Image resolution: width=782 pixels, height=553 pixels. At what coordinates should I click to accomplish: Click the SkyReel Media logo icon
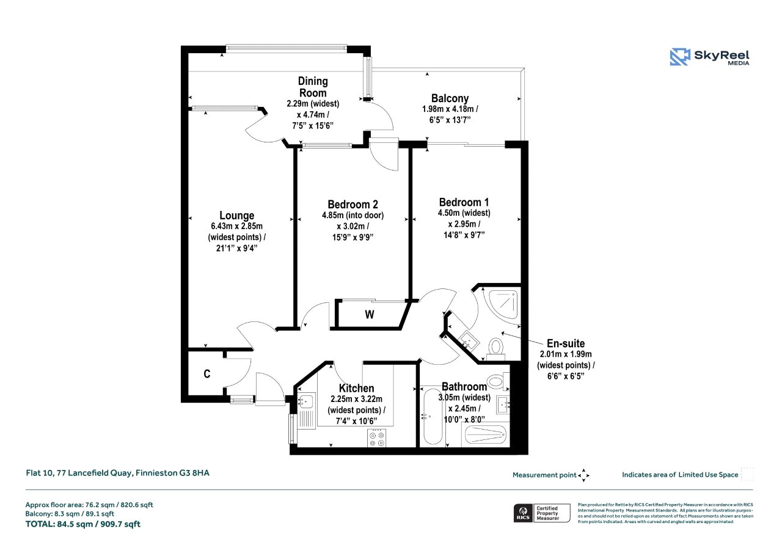680,57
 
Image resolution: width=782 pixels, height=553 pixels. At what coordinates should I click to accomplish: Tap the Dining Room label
313,87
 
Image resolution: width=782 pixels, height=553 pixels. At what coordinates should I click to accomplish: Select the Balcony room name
450,98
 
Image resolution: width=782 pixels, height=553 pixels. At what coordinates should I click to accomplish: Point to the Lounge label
236,215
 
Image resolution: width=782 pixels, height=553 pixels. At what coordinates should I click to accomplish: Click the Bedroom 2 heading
353,204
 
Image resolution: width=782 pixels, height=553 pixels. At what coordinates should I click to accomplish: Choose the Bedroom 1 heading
464,202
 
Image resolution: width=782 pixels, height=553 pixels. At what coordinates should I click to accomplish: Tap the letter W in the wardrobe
370,315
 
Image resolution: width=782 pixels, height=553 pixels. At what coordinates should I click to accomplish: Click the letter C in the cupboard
207,374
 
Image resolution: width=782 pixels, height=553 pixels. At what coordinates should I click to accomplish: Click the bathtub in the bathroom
433,417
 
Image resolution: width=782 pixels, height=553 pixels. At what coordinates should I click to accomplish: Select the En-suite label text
566,343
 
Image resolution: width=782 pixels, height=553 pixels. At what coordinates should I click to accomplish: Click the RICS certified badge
542,513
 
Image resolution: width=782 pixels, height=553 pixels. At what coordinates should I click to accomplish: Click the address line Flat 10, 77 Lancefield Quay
79,473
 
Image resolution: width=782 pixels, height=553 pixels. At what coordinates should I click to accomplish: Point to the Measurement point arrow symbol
583,475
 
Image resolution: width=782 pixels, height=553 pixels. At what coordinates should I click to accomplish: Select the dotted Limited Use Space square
747,474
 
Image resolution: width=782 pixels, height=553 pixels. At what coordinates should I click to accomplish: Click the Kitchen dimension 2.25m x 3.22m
356,399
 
